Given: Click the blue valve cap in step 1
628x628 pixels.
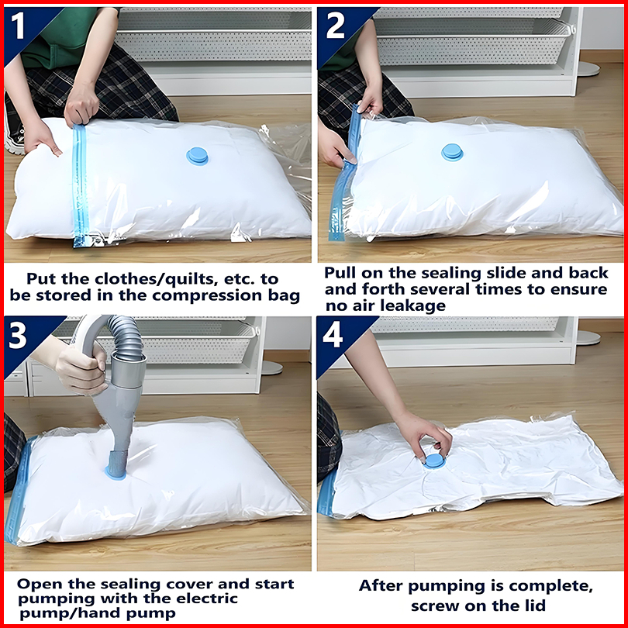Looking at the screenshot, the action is pos(198,156).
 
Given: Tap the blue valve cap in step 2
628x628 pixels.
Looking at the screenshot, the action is pos(452,152).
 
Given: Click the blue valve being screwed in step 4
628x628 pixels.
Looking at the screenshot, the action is pos(434,461).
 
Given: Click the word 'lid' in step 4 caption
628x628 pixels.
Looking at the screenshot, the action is pos(534,606).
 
